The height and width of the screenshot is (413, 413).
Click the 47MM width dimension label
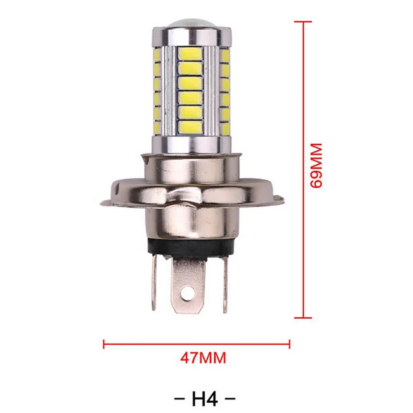coord(203,357)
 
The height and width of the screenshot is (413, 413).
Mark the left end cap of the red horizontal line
coord(104,343)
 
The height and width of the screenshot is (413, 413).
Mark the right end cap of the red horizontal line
coord(290,343)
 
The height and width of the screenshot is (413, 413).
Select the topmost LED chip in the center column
coord(191,53)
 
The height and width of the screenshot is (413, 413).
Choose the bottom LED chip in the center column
coord(191,127)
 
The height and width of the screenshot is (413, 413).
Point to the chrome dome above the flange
coord(191,165)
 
